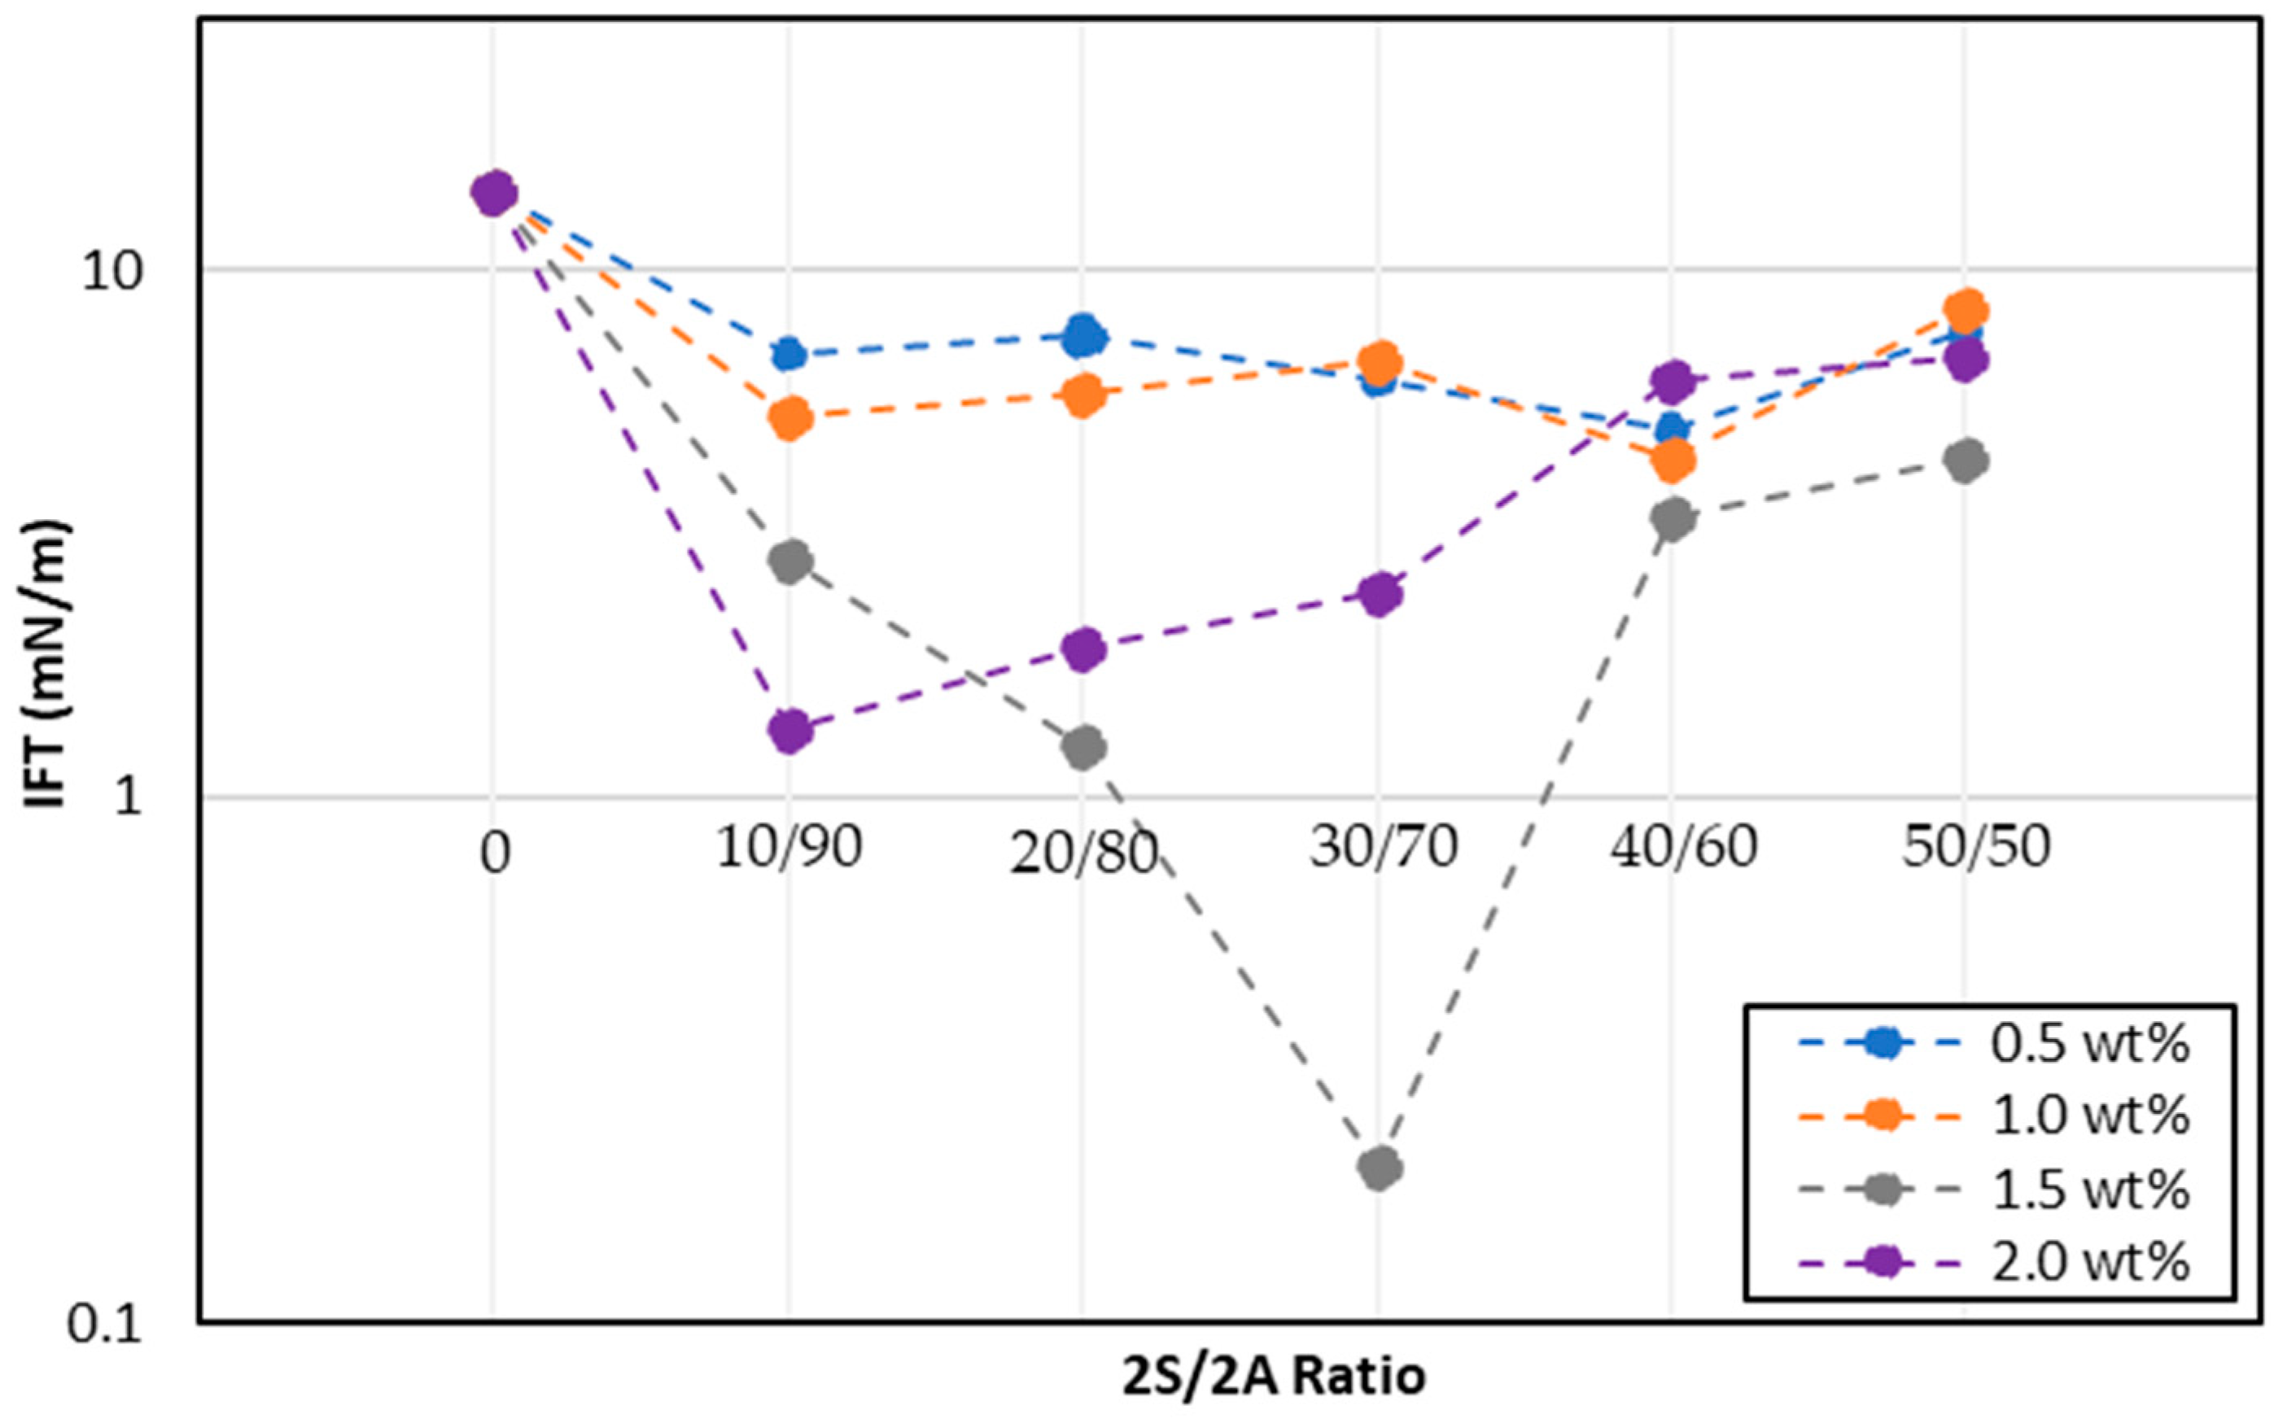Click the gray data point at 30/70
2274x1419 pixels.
pyautogui.click(x=1379, y=1168)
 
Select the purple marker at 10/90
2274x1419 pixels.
pyautogui.click(x=789, y=730)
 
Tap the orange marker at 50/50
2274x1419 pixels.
pyautogui.click(x=1966, y=310)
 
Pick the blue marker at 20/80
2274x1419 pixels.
pyautogui.click(x=1084, y=336)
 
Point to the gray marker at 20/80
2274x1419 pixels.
pyautogui.click(x=1084, y=747)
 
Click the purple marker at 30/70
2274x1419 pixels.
pyautogui.click(x=1379, y=593)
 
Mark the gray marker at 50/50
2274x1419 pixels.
pyautogui.click(x=1966, y=460)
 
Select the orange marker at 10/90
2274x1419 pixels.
pyautogui.click(x=789, y=417)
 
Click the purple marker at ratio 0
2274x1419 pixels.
pyautogui.click(x=494, y=194)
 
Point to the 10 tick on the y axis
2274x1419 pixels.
pyautogui.click(x=111, y=271)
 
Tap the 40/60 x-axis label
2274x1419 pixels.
pyautogui.click(x=1684, y=848)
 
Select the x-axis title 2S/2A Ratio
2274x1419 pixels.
pyautogui.click(x=1274, y=1377)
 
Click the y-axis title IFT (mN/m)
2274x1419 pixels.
pyautogui.click(x=47, y=661)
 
